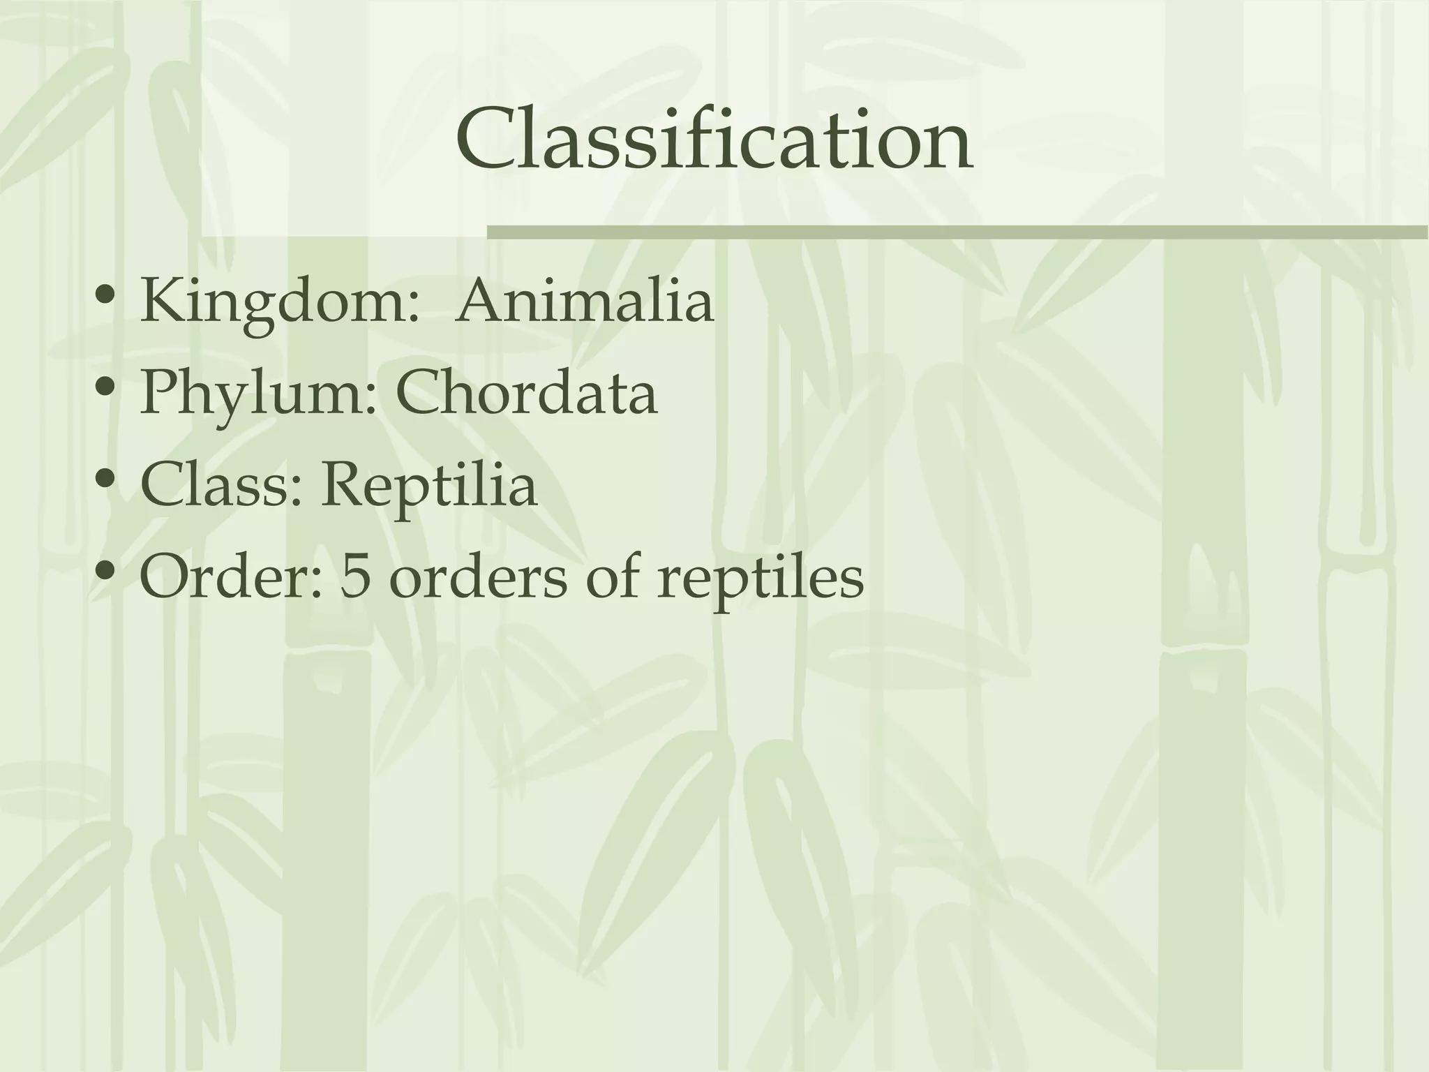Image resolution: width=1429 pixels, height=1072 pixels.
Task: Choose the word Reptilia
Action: point(429,486)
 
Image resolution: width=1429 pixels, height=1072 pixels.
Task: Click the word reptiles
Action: point(760,579)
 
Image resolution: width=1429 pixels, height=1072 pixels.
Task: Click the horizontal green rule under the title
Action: point(956,232)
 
